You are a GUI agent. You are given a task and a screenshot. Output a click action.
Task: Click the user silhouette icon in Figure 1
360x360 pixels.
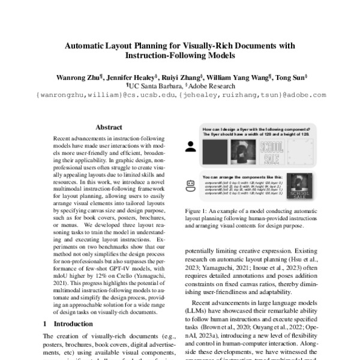191,146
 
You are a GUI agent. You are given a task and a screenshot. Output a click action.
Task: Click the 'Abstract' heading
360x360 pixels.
109,127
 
